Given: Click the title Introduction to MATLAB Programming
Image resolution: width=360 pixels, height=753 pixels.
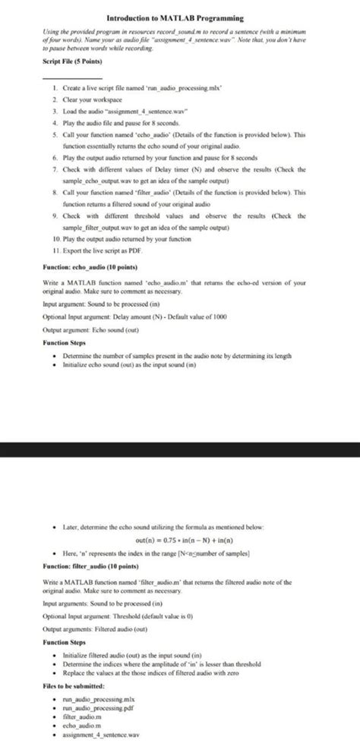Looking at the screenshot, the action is pyautogui.click(x=179, y=17).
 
